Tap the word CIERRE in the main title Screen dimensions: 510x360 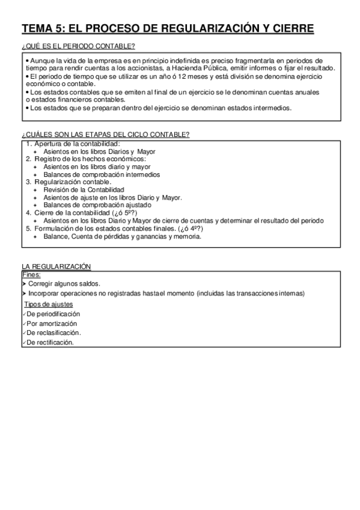pyautogui.click(x=291, y=29)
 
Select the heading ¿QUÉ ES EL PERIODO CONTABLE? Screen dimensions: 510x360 pyautogui.click(x=78, y=46)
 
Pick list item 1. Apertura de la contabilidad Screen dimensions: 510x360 pyautogui.click(x=73, y=144)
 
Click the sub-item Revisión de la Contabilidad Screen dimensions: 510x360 pyautogui.click(x=84, y=189)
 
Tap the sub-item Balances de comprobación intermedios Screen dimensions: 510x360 pyautogui.click(x=102, y=174)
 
